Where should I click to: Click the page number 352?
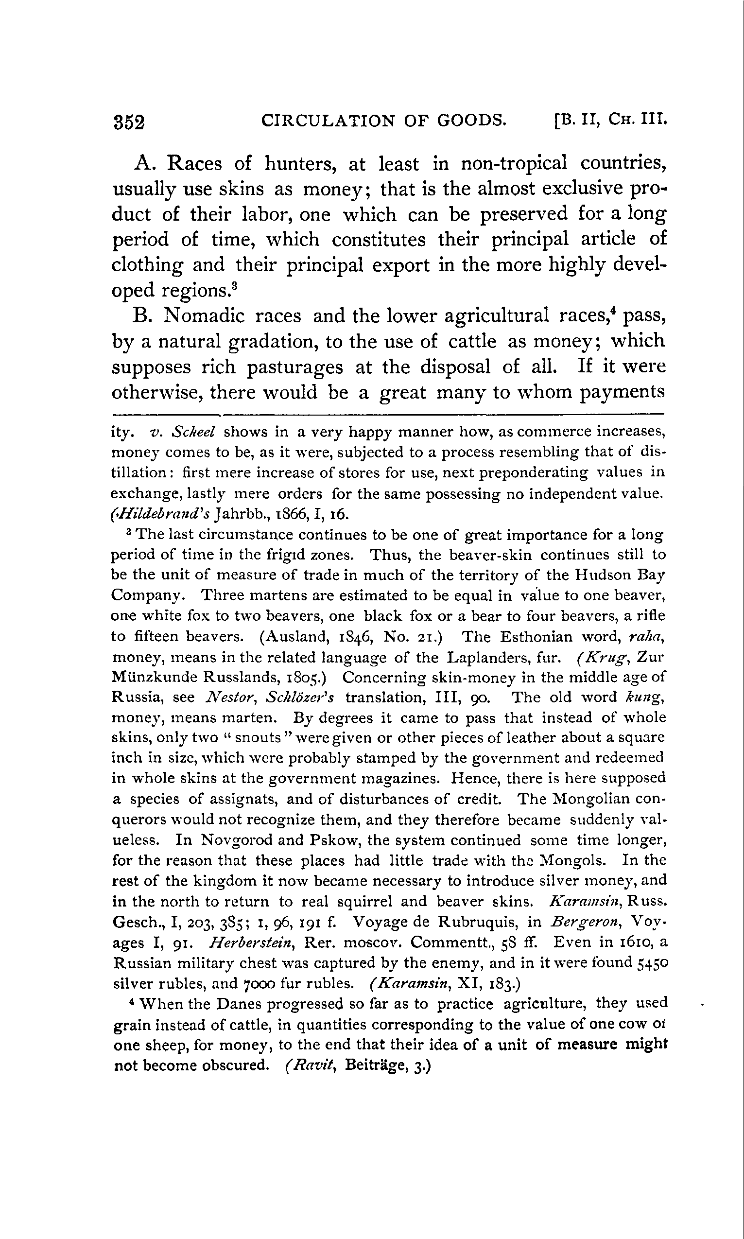point(129,122)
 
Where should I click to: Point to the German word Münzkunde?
point(154,678)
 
